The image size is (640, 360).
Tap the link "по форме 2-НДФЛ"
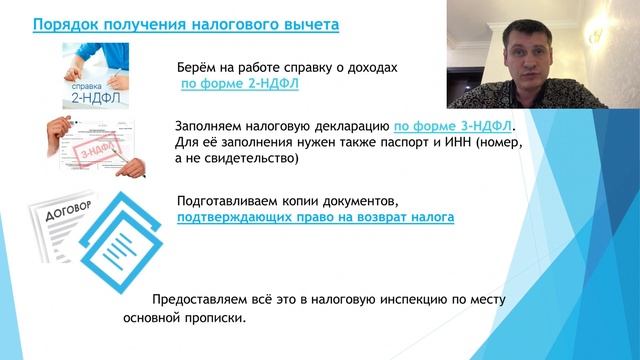click(240, 85)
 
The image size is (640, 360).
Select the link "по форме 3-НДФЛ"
click(453, 126)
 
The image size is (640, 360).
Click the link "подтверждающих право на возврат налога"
click(316, 216)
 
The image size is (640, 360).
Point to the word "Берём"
click(199, 68)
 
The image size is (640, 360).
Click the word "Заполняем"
click(208, 126)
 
